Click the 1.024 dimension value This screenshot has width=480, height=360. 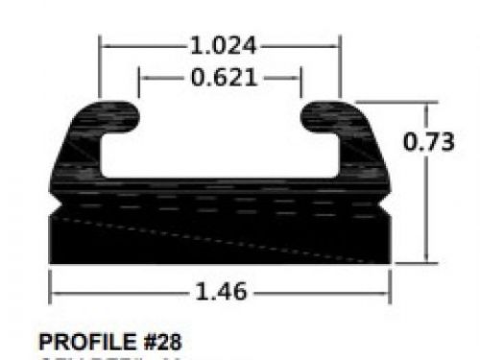click(222, 44)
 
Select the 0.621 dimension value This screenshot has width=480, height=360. click(223, 78)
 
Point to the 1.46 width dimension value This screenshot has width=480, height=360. click(222, 289)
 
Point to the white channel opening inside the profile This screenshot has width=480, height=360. click(220, 144)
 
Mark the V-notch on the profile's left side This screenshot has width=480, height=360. click(56, 204)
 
